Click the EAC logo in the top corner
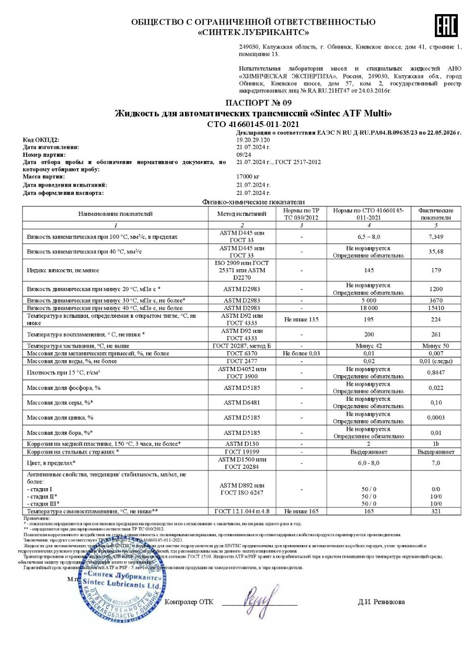pos(446,25)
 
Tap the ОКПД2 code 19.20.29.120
pos(253,140)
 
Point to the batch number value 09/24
pos(244,155)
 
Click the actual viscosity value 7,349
pos(435,237)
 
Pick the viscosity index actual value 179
pos(435,270)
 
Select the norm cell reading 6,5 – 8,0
pos(368,237)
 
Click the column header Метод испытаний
pos(242,214)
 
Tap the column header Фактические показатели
pos(435,214)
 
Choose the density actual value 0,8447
pos(435,373)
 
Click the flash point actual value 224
pos(435,319)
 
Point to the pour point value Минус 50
pos(435,346)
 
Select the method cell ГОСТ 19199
pos(242,452)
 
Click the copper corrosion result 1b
pos(435,444)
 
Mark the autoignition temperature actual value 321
pos(435,511)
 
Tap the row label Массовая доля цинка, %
pos(60,418)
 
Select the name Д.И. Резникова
pos(381,602)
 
